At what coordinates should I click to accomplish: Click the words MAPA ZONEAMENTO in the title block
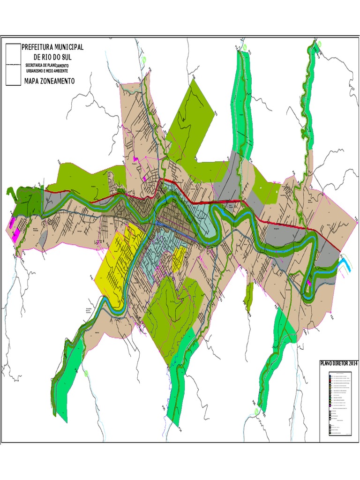[x=49, y=81]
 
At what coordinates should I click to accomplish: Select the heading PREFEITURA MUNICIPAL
[x=53, y=47]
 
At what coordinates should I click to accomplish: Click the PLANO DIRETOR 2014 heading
[x=338, y=363]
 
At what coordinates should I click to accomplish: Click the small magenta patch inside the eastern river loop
[x=309, y=283]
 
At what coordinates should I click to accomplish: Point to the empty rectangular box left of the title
[x=13, y=64]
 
